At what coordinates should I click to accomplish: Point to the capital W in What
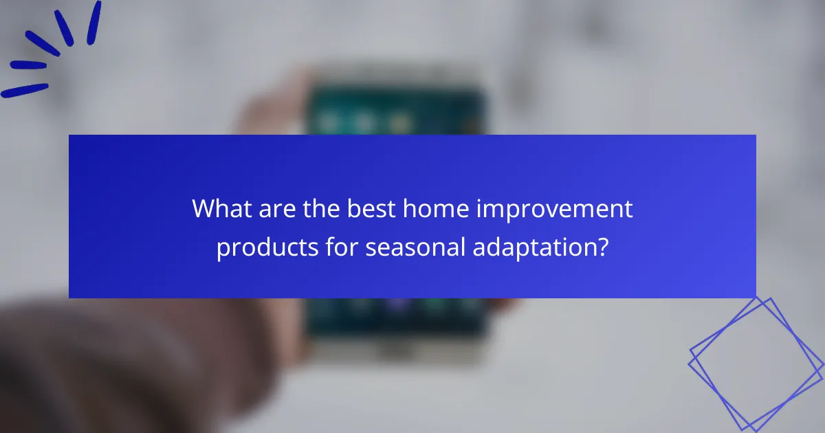[205, 209]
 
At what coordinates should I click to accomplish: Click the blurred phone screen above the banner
[395, 110]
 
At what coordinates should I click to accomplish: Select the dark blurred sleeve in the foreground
[103, 371]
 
